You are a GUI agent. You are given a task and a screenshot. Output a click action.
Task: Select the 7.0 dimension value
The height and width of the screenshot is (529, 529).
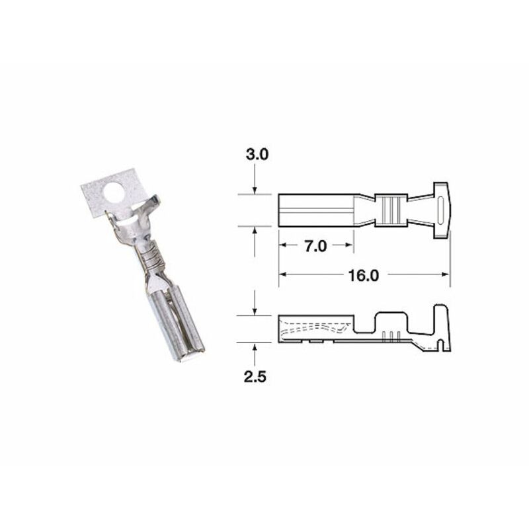(x=316, y=247)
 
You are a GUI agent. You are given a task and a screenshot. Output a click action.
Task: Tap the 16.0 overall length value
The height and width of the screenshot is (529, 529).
(x=364, y=275)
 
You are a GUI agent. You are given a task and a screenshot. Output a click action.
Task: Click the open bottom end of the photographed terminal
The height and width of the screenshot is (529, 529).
(x=187, y=358)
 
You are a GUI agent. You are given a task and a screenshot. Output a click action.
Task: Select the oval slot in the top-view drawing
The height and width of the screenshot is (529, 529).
(x=440, y=210)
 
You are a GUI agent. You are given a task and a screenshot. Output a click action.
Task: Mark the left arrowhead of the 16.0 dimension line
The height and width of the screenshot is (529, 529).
(x=282, y=274)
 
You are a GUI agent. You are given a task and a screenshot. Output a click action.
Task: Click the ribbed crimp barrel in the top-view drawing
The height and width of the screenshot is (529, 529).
(x=390, y=210)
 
